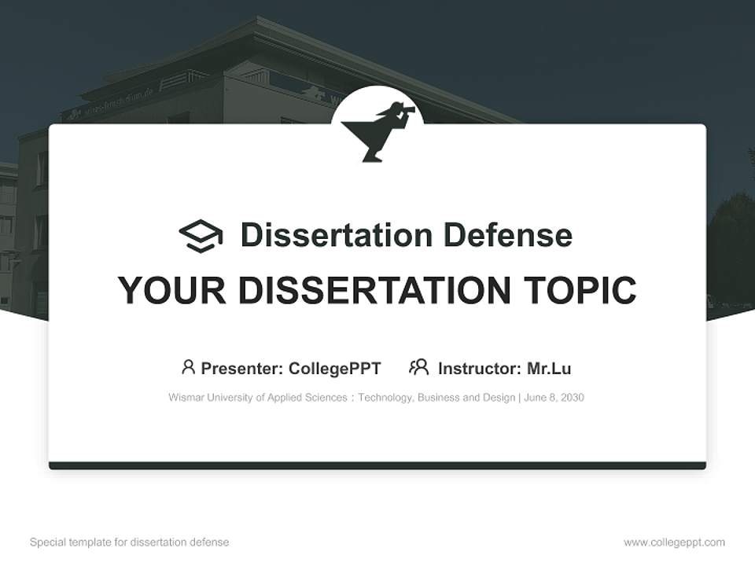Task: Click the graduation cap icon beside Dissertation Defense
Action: click(x=201, y=236)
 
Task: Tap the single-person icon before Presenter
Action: click(x=188, y=367)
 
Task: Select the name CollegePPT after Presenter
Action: click(x=334, y=369)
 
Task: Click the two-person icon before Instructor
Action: click(x=419, y=367)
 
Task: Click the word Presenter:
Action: click(x=242, y=369)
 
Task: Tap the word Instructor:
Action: click(x=479, y=369)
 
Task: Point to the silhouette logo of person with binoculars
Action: click(x=377, y=130)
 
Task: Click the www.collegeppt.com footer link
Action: click(x=674, y=542)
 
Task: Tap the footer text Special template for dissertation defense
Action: click(x=130, y=542)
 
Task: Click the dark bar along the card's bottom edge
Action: click(x=377, y=465)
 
